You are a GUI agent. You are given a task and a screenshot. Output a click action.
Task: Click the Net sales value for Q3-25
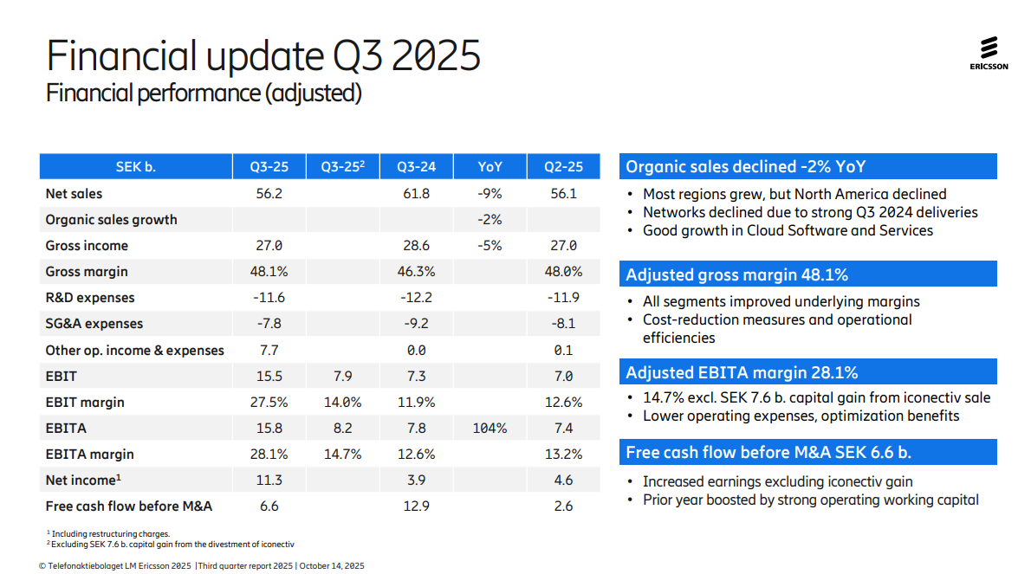pyautogui.click(x=269, y=193)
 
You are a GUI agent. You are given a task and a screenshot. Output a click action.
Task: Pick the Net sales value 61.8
pyautogui.click(x=416, y=193)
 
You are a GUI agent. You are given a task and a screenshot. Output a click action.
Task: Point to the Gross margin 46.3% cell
pyautogui.click(x=416, y=272)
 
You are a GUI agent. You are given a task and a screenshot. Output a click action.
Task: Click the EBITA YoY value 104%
pyautogui.click(x=490, y=428)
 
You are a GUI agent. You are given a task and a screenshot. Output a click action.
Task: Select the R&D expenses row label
pyautogui.click(x=90, y=298)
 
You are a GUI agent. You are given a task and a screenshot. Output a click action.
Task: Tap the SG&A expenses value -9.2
pyautogui.click(x=416, y=324)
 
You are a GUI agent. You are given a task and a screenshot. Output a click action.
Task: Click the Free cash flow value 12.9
pyautogui.click(x=416, y=506)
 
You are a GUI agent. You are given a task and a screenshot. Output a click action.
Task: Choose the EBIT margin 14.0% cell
pyautogui.click(x=343, y=402)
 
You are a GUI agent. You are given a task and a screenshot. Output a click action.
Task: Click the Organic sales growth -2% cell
pyautogui.click(x=490, y=220)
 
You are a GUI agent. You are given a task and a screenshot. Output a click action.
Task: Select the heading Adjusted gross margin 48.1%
pyautogui.click(x=736, y=275)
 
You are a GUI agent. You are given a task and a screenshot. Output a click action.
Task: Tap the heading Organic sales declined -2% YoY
pyautogui.click(x=745, y=167)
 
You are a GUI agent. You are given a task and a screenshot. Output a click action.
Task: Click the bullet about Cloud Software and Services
pyautogui.click(x=788, y=230)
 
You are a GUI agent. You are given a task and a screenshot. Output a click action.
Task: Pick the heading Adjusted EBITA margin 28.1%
pyautogui.click(x=742, y=373)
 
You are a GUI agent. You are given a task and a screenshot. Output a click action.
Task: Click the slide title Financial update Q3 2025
pyautogui.click(x=263, y=55)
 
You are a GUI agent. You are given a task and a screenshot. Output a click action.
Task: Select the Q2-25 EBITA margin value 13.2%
pyautogui.click(x=563, y=454)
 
